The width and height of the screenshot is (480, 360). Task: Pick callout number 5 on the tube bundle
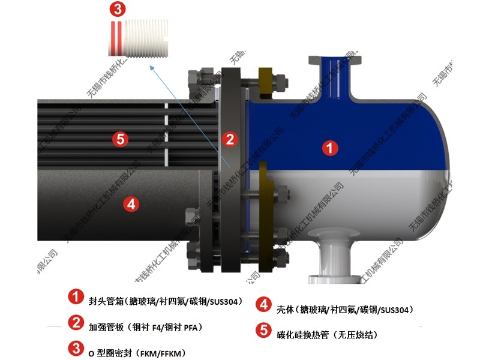tap(121, 139)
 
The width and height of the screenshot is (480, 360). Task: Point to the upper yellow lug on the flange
tap(265, 81)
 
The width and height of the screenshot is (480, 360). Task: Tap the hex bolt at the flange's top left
tap(195, 78)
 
